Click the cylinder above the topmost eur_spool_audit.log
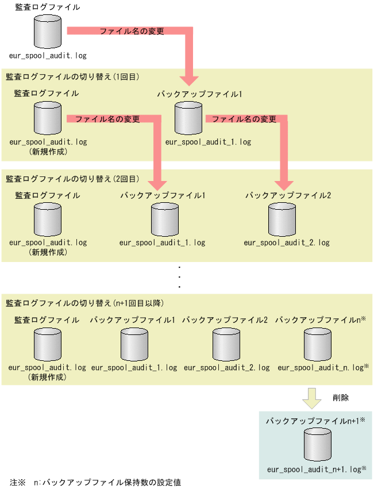[47, 33]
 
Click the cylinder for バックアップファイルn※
[318, 344]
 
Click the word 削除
[341, 397]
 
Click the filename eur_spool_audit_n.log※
[323, 367]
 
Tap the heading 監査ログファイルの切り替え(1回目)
[73, 76]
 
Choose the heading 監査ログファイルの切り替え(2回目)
[73, 179]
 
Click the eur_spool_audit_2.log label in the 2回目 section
[287, 243]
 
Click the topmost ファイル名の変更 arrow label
[132, 31]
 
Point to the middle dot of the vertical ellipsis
[180, 277]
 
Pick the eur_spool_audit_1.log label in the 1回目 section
[208, 141]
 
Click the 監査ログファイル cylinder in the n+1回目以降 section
[47, 344]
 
